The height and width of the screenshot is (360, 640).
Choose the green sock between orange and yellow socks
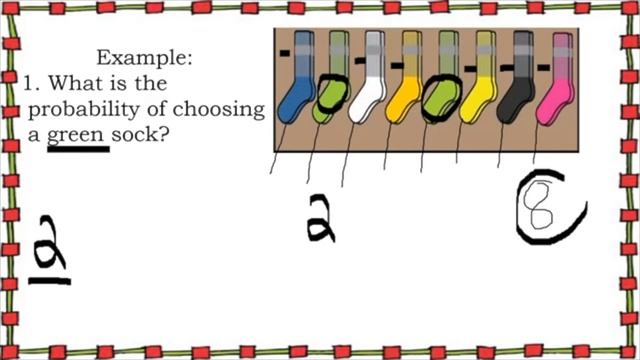click(441, 95)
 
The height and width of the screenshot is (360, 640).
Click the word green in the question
click(78, 133)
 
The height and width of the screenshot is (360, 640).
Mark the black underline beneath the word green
click(78, 149)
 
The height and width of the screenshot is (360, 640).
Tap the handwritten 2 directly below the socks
click(321, 219)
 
